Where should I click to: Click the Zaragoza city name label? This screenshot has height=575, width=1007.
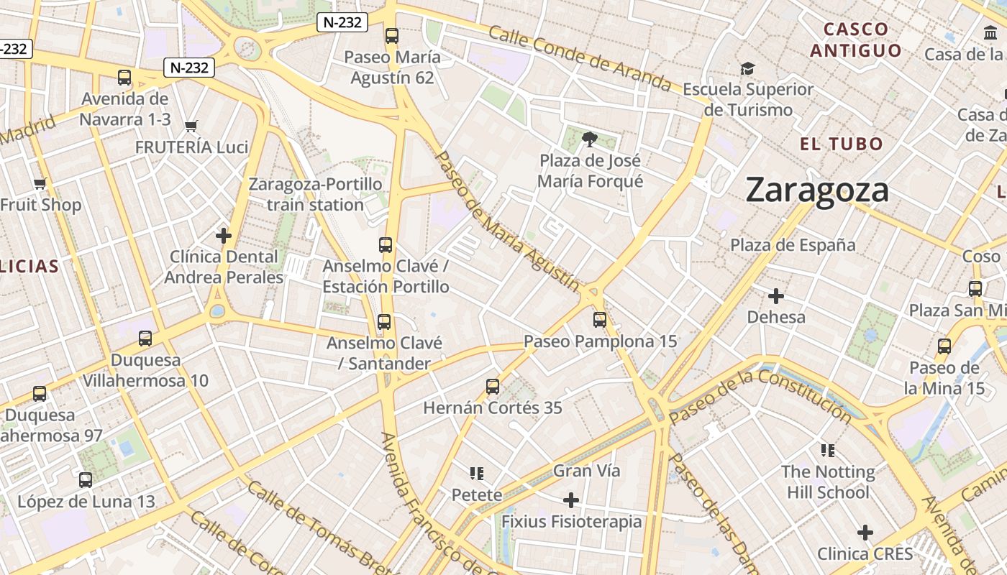[x=817, y=190]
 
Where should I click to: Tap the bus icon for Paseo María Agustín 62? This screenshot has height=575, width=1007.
[x=392, y=35]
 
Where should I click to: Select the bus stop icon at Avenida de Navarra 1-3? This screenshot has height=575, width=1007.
[x=124, y=78]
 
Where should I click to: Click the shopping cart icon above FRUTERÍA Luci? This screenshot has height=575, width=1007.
[x=191, y=126]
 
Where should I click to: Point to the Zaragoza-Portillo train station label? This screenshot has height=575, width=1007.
[x=315, y=194]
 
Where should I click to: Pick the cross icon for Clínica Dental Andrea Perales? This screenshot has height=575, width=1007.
[x=224, y=235]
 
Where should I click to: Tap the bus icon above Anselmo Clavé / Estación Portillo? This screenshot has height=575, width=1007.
[x=386, y=245]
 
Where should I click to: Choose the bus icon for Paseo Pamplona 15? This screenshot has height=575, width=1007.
[x=600, y=320]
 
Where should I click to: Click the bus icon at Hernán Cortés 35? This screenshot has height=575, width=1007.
[x=493, y=387]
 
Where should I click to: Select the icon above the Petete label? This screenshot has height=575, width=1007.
[x=476, y=473]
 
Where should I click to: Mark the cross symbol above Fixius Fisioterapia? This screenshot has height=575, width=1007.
[x=571, y=500]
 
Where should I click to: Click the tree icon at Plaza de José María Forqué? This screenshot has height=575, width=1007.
[x=590, y=139]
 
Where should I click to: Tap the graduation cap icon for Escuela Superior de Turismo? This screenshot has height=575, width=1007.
[x=748, y=68]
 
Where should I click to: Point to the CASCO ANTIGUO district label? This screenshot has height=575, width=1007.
[x=856, y=40]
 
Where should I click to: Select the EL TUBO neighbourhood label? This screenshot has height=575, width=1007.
[x=841, y=144]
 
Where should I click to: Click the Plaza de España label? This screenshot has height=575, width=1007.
[x=793, y=245]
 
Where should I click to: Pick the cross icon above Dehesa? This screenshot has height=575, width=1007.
[x=776, y=295]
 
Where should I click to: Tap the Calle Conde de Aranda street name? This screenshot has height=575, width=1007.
[x=579, y=60]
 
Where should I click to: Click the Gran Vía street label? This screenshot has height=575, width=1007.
[x=586, y=471]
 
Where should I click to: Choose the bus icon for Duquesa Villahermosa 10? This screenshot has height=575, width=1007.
[x=145, y=338]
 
